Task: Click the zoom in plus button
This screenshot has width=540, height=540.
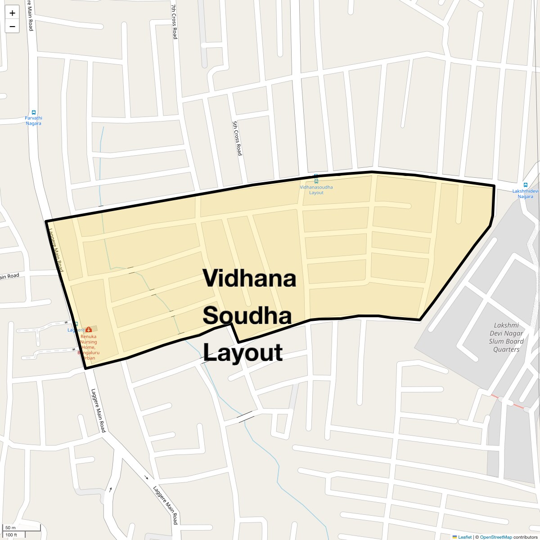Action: (x=12, y=13)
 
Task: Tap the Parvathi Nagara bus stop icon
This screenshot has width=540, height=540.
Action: (x=33, y=112)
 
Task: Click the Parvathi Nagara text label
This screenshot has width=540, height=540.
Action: (x=33, y=121)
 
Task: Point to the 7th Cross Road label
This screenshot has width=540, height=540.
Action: (x=175, y=22)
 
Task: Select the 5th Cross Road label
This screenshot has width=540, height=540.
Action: (x=237, y=138)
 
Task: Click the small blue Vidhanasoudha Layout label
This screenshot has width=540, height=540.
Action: (x=316, y=189)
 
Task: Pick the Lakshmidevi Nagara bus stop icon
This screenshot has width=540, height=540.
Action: (x=525, y=185)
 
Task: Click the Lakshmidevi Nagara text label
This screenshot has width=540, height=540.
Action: (x=525, y=193)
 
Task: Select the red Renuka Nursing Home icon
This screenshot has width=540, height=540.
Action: (x=88, y=329)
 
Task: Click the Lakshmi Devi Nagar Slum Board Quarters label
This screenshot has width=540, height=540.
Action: (x=506, y=337)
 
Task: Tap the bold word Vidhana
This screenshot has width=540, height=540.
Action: (x=249, y=279)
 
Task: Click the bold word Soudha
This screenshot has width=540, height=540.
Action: (x=247, y=315)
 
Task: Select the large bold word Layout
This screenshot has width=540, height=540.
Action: (x=243, y=352)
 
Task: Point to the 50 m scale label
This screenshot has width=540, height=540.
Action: (x=10, y=527)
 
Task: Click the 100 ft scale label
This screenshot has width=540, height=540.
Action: (x=11, y=535)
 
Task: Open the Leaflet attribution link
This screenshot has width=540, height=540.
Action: (x=465, y=537)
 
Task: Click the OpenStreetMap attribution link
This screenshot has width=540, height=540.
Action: (x=495, y=537)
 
